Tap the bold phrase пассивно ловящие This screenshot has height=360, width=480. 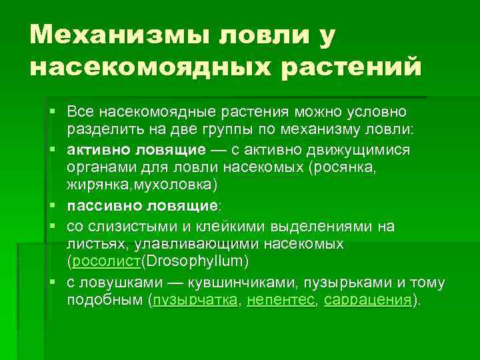point(143,205)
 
